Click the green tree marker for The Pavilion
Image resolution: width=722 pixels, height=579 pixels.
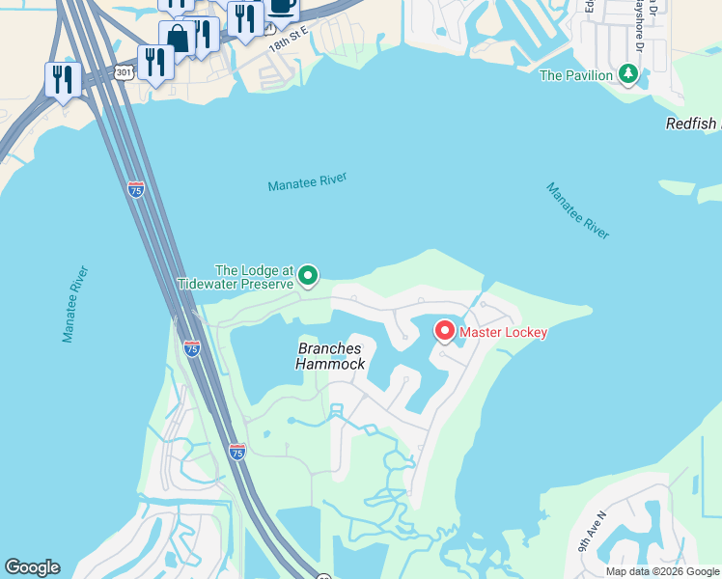point(629,73)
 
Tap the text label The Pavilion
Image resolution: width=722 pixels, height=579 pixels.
point(576,75)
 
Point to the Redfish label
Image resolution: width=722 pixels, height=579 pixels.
point(693,124)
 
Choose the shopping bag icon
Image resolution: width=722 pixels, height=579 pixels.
point(178,40)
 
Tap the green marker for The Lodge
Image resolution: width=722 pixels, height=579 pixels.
point(308,277)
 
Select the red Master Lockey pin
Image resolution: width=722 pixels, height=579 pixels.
point(445,331)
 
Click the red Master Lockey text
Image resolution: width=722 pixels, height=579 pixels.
point(503,333)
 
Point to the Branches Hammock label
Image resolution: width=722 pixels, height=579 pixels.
point(330,356)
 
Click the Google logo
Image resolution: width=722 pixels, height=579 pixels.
point(32,567)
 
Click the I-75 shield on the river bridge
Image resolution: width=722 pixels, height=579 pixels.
point(136,189)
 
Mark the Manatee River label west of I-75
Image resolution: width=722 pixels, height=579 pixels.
point(74,303)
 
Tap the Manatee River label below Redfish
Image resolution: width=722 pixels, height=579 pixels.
point(578,210)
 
